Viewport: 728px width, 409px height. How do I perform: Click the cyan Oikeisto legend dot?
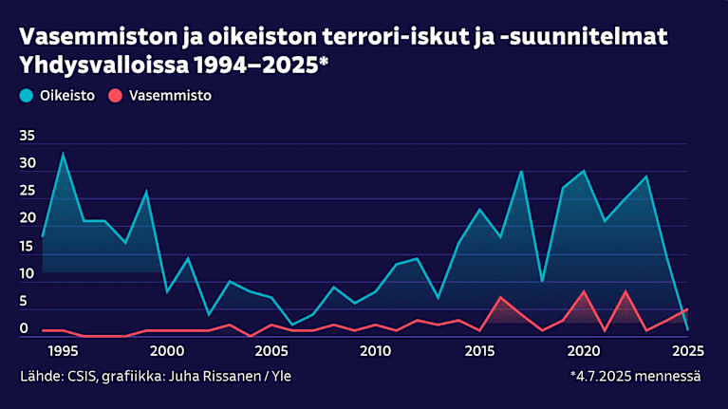27,96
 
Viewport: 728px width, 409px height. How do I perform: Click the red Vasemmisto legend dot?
116,96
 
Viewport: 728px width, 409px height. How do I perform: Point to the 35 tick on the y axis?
27,137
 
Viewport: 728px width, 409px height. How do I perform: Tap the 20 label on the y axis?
27,219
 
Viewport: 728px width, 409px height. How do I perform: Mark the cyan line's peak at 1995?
64,154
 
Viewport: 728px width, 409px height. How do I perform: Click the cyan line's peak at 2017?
521,171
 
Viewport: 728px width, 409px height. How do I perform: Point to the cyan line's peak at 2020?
584,171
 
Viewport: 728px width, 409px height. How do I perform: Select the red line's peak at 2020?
584,291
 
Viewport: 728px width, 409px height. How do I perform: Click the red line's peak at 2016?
500,297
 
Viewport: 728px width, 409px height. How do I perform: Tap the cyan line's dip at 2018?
542,281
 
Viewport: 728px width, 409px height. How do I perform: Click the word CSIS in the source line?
81,377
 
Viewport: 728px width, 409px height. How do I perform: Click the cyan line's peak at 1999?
146,192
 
